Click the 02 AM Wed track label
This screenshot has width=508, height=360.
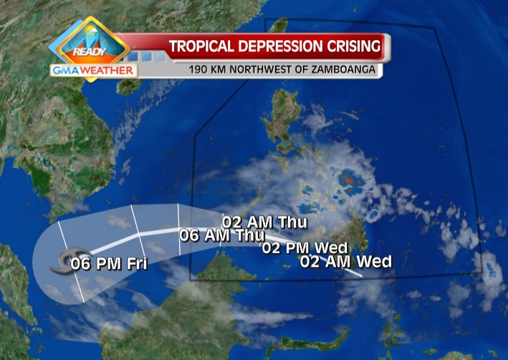click(346, 262)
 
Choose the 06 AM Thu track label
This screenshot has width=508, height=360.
click(222, 235)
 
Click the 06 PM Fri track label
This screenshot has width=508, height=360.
click(109, 264)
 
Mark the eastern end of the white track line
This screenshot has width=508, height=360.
click(361, 275)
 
